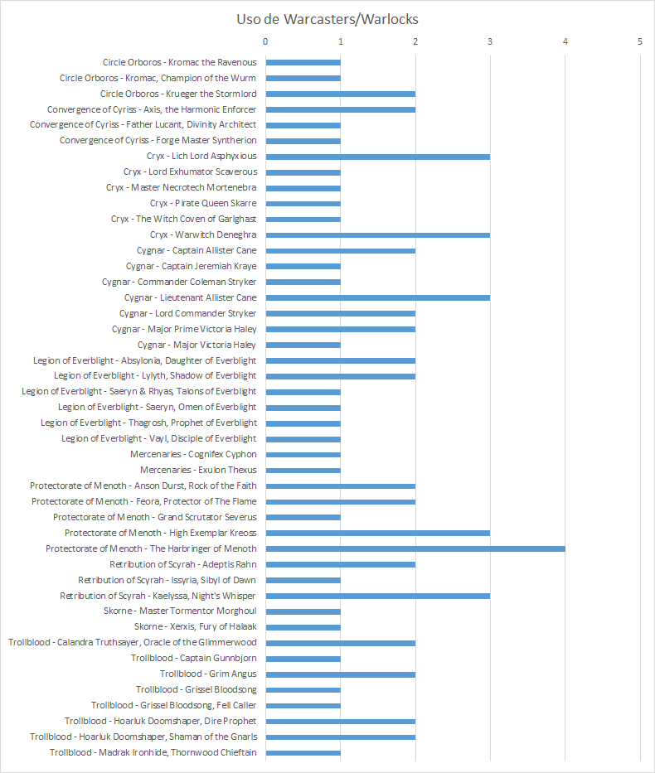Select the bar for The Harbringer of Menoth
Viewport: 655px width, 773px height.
point(415,548)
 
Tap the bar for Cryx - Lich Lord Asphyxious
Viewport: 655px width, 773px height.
point(377,157)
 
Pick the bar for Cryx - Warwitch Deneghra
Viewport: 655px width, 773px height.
point(377,235)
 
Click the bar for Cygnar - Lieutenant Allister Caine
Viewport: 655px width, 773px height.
point(377,297)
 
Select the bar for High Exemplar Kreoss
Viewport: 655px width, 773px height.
point(377,533)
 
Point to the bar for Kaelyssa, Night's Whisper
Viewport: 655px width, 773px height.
point(377,596)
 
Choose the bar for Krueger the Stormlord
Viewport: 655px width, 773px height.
point(340,94)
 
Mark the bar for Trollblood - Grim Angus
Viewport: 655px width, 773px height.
point(340,674)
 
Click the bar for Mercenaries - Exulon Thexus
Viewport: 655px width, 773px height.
point(303,470)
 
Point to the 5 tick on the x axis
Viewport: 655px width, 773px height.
point(640,41)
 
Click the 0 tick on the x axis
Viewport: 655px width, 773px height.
point(265,41)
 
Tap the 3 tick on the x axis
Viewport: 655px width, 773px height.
point(490,41)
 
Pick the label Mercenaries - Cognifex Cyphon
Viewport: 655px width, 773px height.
point(193,454)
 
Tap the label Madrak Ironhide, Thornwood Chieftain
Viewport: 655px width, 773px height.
point(153,752)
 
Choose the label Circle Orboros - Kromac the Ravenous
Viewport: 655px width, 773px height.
point(179,62)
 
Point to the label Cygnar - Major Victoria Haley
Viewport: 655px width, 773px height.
point(196,345)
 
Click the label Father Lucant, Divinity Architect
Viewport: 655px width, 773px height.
point(143,124)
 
